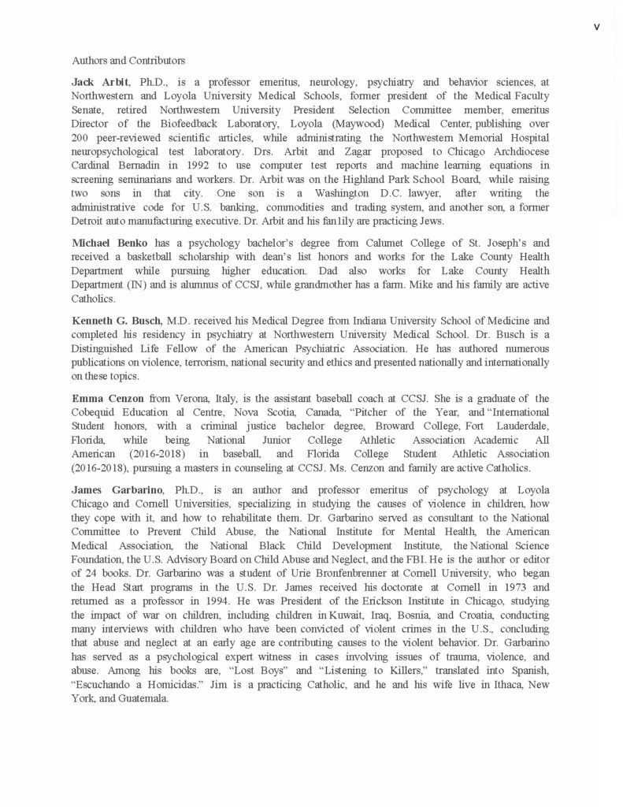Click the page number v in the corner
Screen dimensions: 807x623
[x=596, y=27]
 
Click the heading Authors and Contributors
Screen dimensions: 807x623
[x=128, y=60]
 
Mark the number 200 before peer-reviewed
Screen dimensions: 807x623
[x=80, y=145]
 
